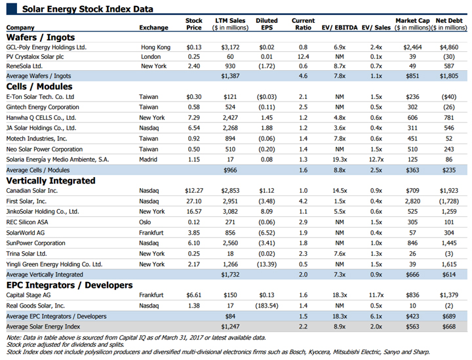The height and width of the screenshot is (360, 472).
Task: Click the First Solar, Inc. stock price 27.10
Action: tap(194, 201)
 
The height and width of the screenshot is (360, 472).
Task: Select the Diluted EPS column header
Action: tap(267, 24)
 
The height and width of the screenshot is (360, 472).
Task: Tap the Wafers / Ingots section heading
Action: tap(41, 37)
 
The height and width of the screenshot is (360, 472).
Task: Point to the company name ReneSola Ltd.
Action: tap(24, 66)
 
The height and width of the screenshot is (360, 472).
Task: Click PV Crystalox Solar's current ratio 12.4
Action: tap(303, 56)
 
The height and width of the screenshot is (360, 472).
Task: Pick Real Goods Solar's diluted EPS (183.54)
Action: tap(267, 306)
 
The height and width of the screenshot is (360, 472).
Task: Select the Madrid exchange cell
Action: tap(148, 159)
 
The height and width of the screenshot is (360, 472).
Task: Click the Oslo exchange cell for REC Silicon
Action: tap(145, 222)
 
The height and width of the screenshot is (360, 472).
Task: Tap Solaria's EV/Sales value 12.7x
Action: tap(376, 159)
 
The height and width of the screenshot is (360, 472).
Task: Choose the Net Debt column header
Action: tap(449, 24)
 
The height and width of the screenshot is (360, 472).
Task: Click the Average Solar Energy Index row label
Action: tap(43, 327)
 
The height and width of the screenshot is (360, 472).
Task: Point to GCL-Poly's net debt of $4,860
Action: tap(449, 47)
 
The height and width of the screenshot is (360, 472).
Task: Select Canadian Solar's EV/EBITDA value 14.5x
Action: tap(340, 191)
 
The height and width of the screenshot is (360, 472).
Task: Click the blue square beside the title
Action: tap(12, 9)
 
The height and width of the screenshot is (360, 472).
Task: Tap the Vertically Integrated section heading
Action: tap(51, 180)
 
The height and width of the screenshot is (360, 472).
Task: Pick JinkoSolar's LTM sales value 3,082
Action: tap(230, 212)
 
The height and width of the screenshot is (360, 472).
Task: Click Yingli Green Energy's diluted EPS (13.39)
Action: tap(267, 264)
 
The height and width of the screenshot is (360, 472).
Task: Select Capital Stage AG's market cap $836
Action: tap(412, 295)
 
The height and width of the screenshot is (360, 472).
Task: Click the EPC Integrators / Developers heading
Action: tap(69, 285)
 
